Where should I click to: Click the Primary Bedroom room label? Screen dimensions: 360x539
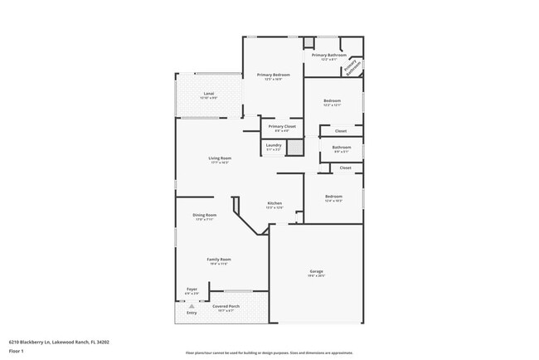pyautogui.click(x=273, y=75)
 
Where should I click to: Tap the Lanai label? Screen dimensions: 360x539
pyautogui.click(x=209, y=94)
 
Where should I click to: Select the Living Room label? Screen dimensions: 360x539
pyautogui.click(x=220, y=158)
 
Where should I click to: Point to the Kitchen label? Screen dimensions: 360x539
pyautogui.click(x=274, y=203)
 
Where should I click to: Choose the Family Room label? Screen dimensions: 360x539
pyautogui.click(x=219, y=260)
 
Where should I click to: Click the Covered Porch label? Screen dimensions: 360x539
pyautogui.click(x=226, y=306)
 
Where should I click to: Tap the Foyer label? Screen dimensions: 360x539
pyautogui.click(x=192, y=289)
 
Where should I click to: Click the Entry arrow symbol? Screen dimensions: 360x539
pyautogui.click(x=192, y=306)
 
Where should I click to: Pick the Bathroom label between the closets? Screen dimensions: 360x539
pyautogui.click(x=342, y=148)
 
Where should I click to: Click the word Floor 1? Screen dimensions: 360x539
pyautogui.click(x=17, y=349)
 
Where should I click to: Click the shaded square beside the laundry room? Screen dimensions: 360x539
pyautogui.click(x=292, y=146)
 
